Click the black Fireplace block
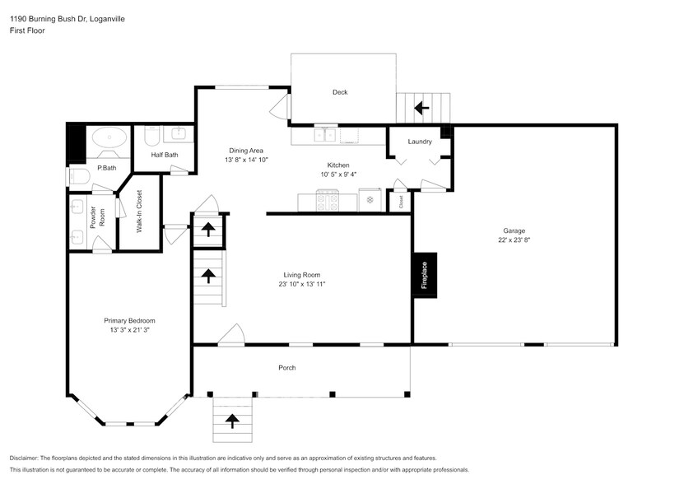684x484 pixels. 425,276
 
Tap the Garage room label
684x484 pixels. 514,230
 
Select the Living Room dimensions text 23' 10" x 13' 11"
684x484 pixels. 302,284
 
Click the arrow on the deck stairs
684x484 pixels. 421,108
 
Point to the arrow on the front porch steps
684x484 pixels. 232,421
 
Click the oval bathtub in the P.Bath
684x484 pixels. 109,137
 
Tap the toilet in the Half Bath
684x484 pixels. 152,135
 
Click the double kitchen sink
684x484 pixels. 325,134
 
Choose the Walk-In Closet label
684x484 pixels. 140,212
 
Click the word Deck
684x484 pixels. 340,92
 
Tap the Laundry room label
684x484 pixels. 420,142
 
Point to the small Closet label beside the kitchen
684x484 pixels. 401,202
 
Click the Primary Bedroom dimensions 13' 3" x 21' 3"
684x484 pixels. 129,330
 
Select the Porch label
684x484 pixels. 287,368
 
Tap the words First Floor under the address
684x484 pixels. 27,30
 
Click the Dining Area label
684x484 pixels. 246,151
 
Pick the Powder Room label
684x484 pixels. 97,217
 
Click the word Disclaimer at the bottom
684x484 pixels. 24,458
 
